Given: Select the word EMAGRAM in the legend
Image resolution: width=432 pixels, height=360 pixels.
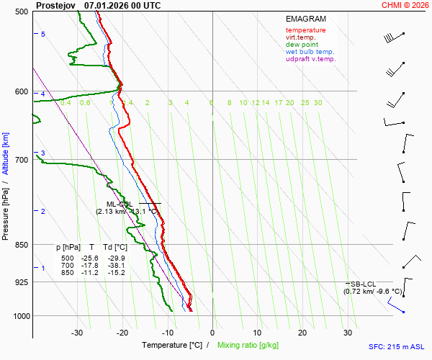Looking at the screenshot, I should click(305, 19).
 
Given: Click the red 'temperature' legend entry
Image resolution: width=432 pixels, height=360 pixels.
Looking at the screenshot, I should click(305, 30).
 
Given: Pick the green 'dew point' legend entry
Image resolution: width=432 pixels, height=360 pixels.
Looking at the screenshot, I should click(302, 45).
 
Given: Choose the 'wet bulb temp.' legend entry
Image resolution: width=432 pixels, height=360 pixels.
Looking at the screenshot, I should click(310, 52).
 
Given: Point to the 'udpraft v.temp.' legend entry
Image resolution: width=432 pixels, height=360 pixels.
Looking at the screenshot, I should click(310, 59).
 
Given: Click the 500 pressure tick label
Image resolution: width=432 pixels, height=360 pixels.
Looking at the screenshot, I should click(21, 12).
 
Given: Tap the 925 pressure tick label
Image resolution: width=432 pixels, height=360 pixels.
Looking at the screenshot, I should click(21, 282).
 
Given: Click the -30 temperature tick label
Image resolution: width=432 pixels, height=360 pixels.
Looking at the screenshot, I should click(77, 333).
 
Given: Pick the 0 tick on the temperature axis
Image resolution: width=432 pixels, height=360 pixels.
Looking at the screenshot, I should click(212, 333).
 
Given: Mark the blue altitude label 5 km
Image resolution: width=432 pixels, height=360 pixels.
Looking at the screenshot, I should click(42, 35).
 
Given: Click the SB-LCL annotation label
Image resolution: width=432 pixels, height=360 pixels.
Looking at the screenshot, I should click(364, 284).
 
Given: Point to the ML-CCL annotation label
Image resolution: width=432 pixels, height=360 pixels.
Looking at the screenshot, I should click(118, 204).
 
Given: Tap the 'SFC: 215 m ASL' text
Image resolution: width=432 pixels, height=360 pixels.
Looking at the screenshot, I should click(398, 346).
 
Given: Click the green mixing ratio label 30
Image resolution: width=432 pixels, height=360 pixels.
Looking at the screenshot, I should click(318, 103).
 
